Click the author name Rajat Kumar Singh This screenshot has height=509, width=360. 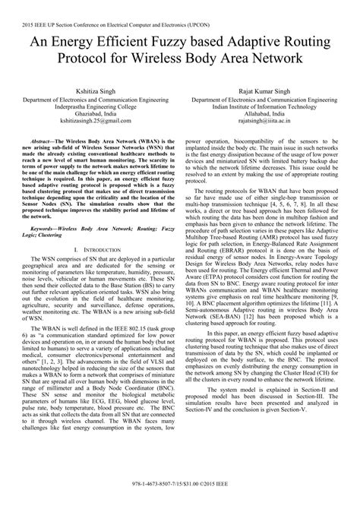coord(269,90)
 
